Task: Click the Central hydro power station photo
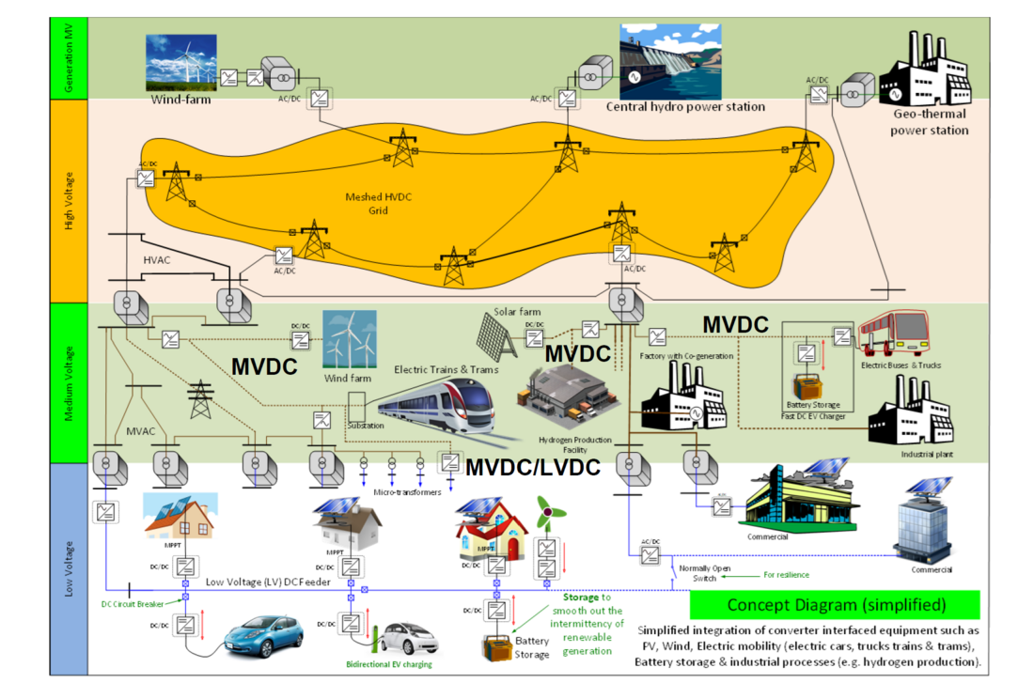point(669,61)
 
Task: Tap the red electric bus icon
point(896,339)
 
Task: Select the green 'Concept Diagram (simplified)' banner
point(836,604)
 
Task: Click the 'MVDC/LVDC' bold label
point(533,466)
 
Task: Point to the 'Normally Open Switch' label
point(705,573)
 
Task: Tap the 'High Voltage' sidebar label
point(68,197)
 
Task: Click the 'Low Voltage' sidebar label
point(68,569)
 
